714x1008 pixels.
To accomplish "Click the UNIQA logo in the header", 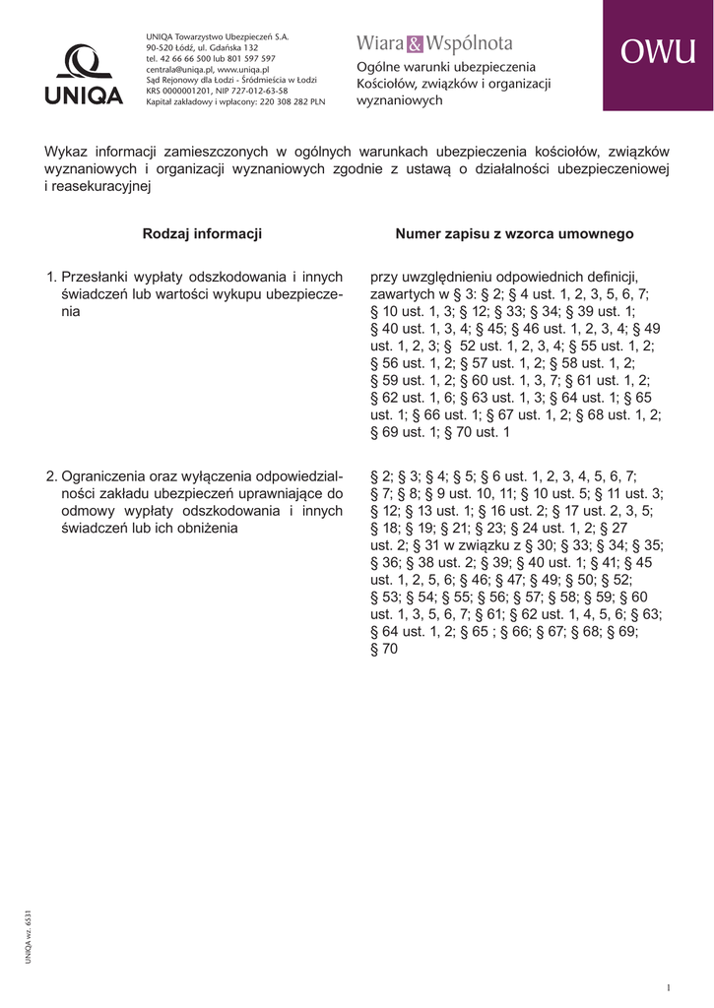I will tap(84, 75).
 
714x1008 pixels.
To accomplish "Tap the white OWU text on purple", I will tap(658, 55).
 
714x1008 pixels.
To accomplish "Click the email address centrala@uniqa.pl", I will tap(179, 70).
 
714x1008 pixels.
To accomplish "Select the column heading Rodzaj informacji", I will tap(202, 234).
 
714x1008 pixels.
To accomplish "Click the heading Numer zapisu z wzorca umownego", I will tap(514, 234).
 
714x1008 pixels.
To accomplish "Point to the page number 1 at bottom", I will tap(668, 987).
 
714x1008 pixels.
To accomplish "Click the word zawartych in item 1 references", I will tap(398, 294).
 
